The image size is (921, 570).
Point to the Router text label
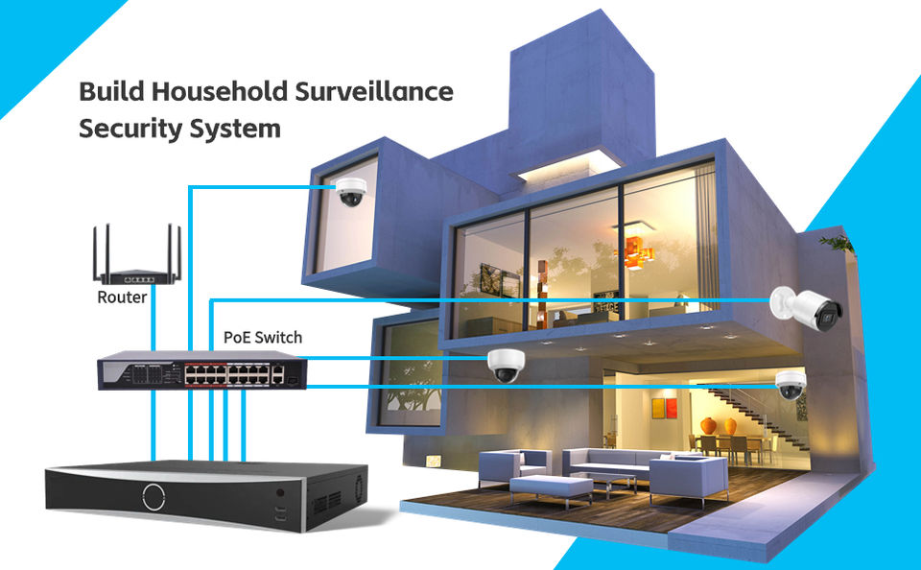click(122, 297)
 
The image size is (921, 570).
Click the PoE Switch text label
click(262, 338)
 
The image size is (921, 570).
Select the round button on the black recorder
click(153, 496)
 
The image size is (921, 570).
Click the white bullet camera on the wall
click(808, 305)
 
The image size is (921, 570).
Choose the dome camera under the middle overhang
click(502, 366)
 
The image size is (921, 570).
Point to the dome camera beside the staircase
click(791, 384)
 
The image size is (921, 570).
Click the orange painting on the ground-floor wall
click(664, 408)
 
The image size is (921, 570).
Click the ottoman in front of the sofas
click(551, 488)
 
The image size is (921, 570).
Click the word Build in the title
click(108, 93)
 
